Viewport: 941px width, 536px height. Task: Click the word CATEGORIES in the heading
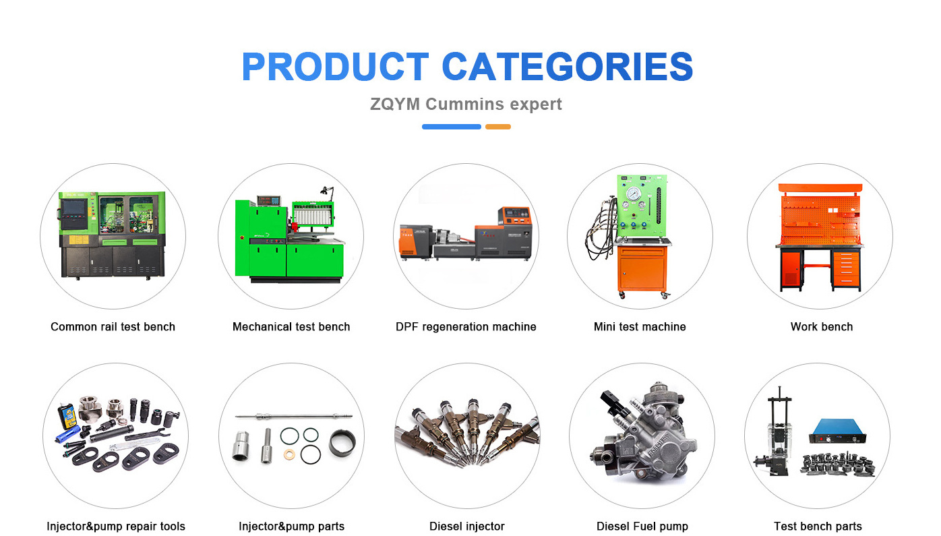pyautogui.click(x=568, y=67)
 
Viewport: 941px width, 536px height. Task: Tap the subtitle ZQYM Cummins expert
pyautogui.click(x=466, y=105)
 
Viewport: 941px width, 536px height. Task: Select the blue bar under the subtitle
pyautogui.click(x=452, y=127)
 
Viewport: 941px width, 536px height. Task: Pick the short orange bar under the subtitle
pyautogui.click(x=498, y=127)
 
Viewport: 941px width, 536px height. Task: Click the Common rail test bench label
pyautogui.click(x=113, y=327)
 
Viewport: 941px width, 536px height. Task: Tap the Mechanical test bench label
pyautogui.click(x=291, y=327)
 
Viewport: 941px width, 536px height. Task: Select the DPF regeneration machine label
pyautogui.click(x=466, y=327)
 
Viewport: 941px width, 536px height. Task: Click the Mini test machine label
pyautogui.click(x=640, y=327)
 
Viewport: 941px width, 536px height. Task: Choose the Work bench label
pyautogui.click(x=822, y=327)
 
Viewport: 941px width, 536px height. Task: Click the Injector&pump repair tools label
pyautogui.click(x=116, y=527)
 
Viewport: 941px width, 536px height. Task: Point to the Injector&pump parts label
pyautogui.click(x=292, y=527)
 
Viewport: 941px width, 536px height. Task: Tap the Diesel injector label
pyautogui.click(x=467, y=527)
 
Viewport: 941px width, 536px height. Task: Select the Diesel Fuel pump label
pyautogui.click(x=642, y=527)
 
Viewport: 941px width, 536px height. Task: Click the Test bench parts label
pyautogui.click(x=818, y=527)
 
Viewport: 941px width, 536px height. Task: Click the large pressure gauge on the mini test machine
pyautogui.click(x=633, y=194)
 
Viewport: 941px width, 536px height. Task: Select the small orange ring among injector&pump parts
pyautogui.click(x=289, y=454)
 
